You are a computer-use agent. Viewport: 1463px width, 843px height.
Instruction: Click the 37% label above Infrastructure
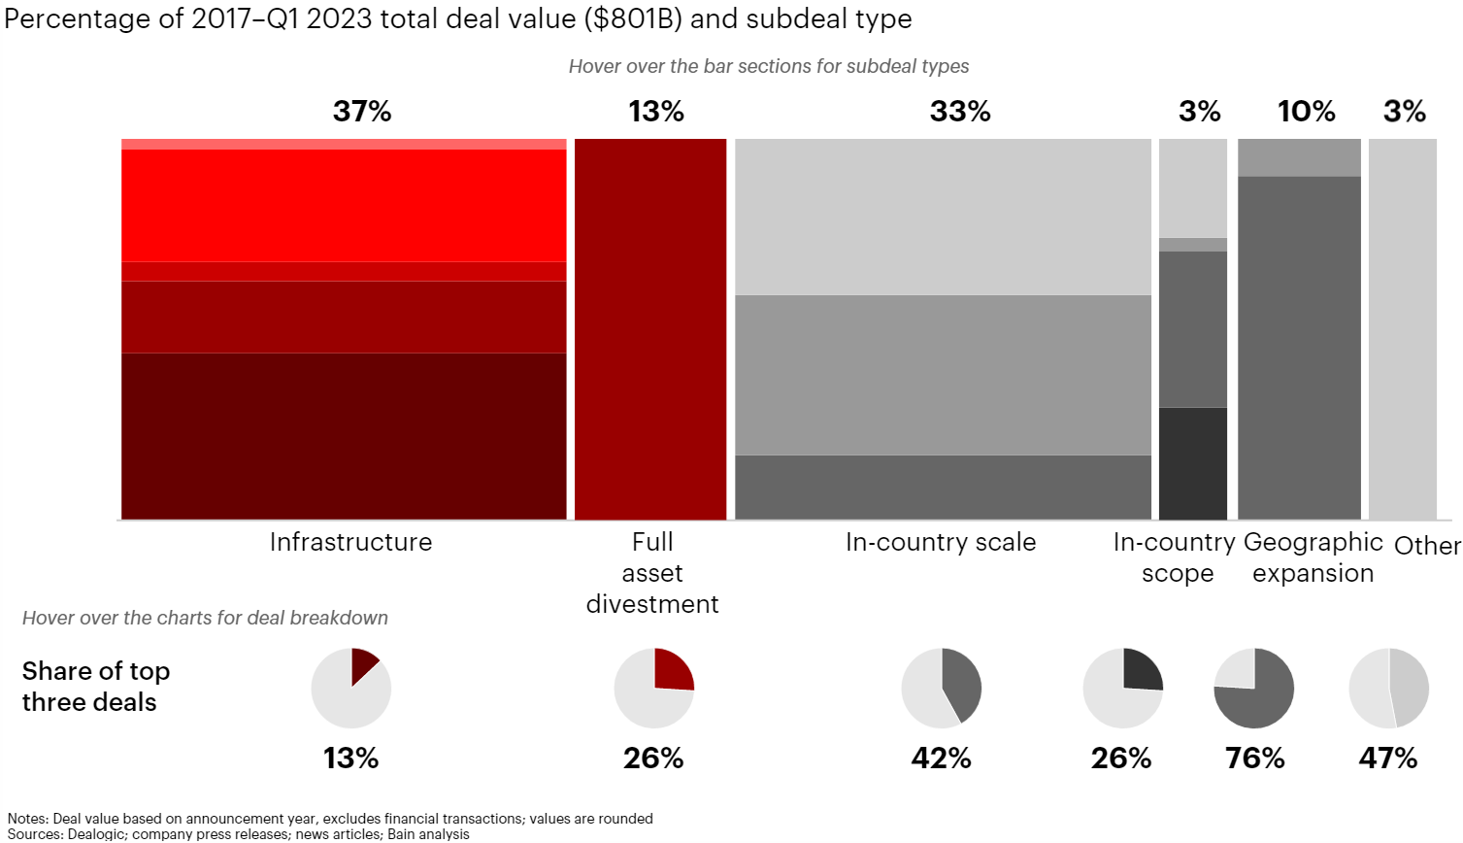pos(362,112)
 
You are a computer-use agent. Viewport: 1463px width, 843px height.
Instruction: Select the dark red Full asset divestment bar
pos(650,329)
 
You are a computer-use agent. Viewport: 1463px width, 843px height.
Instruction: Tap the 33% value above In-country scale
pos(960,112)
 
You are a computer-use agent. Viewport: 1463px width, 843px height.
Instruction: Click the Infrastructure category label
pos(350,542)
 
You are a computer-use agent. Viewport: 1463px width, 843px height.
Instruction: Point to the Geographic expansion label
pos(1313,557)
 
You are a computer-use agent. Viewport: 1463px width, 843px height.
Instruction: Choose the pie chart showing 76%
pos(1254,689)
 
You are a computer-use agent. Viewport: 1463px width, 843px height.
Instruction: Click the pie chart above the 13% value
pos(351,689)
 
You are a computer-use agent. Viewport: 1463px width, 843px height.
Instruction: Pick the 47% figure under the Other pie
pos(1388,758)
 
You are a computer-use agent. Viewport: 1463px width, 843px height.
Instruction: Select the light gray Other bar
pos(1402,329)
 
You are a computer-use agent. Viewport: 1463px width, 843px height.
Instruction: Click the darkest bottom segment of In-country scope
pos(1193,463)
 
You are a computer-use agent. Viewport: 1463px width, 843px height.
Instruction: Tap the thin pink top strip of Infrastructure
pos(344,144)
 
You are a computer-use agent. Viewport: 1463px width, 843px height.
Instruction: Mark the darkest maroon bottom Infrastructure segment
pos(344,436)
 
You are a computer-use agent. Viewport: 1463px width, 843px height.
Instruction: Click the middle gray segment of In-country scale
pos(943,375)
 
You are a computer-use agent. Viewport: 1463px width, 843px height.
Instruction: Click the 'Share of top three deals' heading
pos(96,687)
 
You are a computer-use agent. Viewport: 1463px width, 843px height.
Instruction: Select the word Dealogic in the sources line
pos(95,834)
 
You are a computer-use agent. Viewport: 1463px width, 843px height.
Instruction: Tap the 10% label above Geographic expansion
pos(1306,112)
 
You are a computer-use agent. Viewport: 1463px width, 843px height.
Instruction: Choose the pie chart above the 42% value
pos(942,689)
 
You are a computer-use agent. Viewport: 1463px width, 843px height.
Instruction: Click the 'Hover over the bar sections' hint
pos(768,66)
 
